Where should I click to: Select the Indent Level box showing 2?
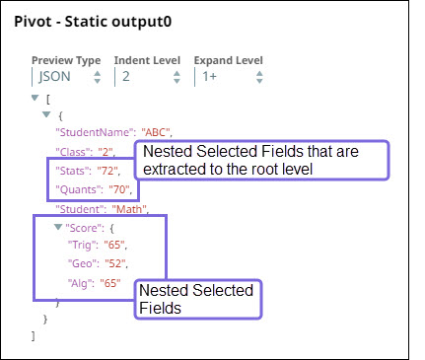coord(149,76)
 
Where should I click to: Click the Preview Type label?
coord(66,60)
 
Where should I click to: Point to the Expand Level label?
coord(228,60)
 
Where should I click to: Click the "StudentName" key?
coord(82,132)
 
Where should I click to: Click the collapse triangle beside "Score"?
coord(58,228)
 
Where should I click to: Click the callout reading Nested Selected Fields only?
coord(197,300)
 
